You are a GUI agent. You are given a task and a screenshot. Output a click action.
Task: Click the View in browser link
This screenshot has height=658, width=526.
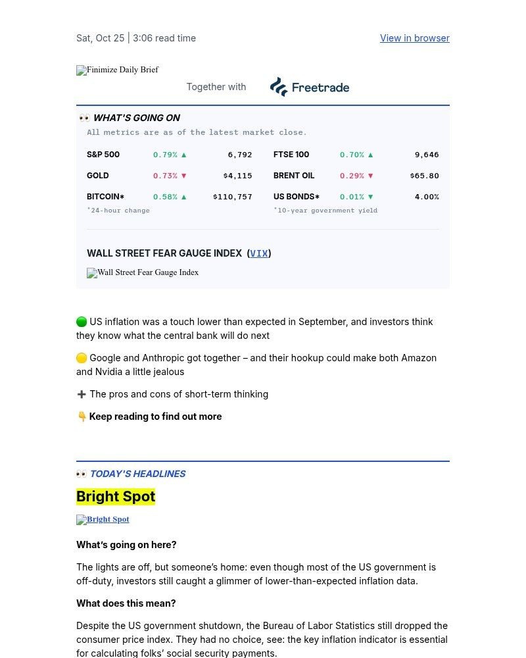(x=414, y=38)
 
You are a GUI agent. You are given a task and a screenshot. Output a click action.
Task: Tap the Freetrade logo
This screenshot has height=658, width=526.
(x=309, y=87)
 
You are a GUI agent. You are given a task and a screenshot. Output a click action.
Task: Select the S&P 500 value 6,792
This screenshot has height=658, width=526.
(x=240, y=155)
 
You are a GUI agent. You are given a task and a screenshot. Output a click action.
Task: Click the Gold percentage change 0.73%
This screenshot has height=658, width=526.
(x=165, y=176)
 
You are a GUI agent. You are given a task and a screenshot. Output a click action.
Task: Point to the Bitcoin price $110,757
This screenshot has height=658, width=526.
(x=233, y=197)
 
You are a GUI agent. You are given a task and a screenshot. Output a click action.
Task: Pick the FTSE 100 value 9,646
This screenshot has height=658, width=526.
(x=427, y=155)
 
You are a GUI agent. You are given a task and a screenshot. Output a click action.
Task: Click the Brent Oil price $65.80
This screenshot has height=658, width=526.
(x=424, y=176)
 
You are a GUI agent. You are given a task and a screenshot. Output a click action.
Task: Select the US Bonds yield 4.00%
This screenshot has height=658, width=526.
(x=427, y=197)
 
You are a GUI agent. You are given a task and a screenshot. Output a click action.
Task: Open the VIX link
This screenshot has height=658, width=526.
(x=259, y=253)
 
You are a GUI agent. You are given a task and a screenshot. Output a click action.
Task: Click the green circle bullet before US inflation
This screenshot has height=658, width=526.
(x=82, y=322)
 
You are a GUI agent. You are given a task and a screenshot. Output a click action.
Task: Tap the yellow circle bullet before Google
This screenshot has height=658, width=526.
(x=82, y=358)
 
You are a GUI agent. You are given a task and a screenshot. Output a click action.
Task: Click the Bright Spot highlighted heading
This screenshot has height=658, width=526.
(x=116, y=497)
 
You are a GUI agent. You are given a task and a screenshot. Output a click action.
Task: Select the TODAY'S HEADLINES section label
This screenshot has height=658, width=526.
(x=137, y=474)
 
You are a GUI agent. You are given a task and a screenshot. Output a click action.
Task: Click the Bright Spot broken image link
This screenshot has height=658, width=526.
(x=103, y=519)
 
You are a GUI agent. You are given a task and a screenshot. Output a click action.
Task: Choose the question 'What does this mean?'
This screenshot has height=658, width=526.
(x=126, y=603)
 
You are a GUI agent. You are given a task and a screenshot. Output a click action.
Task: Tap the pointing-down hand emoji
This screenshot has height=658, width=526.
(x=82, y=417)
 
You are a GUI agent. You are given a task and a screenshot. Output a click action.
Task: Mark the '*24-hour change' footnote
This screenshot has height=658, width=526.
(x=118, y=211)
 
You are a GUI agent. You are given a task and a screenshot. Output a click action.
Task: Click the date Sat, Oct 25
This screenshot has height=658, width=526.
(x=100, y=38)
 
